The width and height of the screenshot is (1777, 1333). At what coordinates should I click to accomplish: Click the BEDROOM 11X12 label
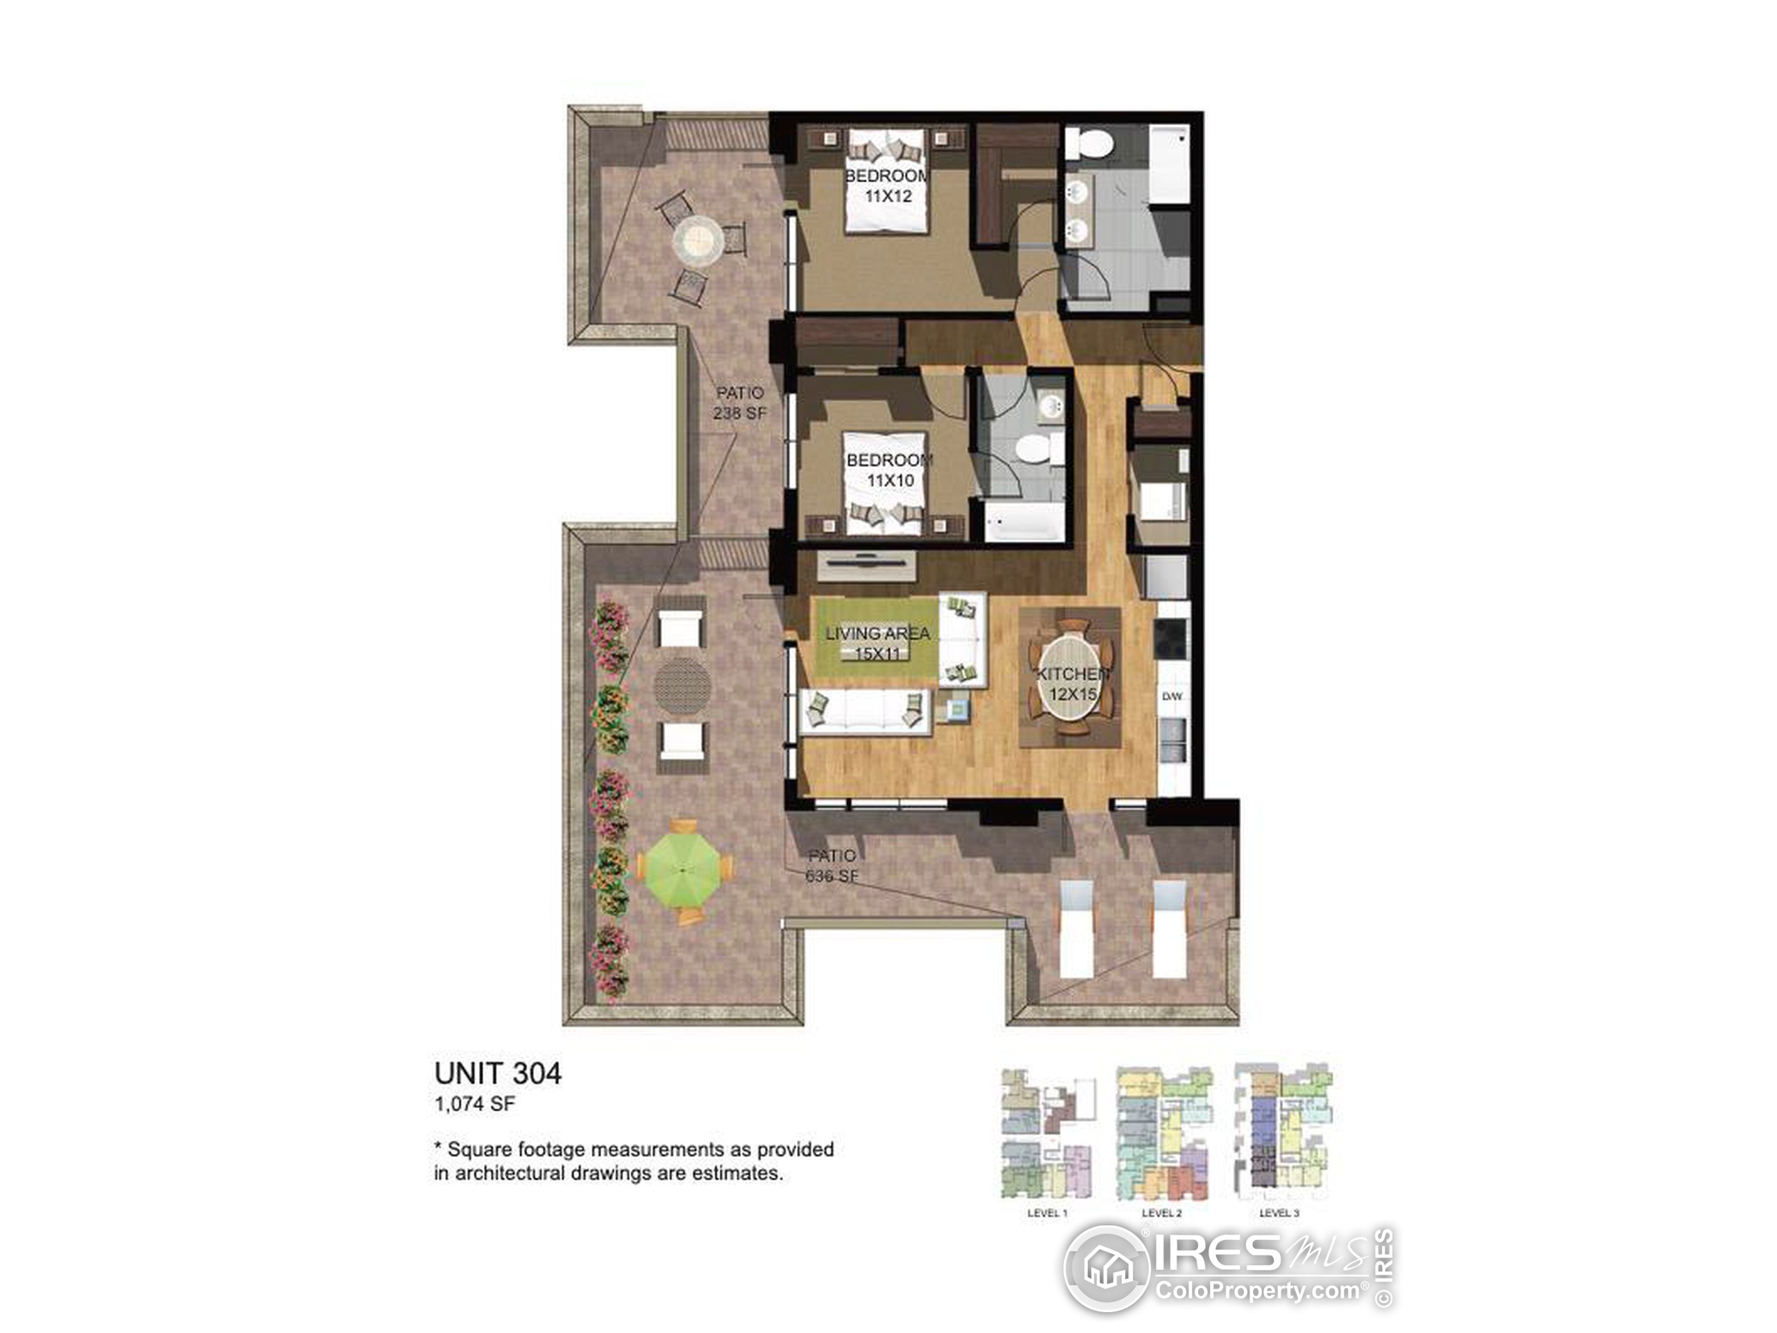pyautogui.click(x=887, y=185)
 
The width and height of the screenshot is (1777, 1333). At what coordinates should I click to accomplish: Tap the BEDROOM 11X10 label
pyautogui.click(x=889, y=470)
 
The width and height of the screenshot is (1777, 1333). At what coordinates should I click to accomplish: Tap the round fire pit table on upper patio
pyautogui.click(x=698, y=240)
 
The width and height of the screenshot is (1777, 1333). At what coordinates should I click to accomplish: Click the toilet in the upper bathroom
pyautogui.click(x=1093, y=144)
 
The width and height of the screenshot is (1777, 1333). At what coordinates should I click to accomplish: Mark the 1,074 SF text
pyautogui.click(x=474, y=1104)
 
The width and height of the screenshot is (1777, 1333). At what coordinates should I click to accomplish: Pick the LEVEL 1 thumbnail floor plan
pyautogui.click(x=1047, y=1134)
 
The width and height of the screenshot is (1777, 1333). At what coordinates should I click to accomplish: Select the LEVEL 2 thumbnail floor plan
pyautogui.click(x=1161, y=1134)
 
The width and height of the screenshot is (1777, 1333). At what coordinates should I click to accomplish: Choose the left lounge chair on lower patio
pyautogui.click(x=1077, y=928)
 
